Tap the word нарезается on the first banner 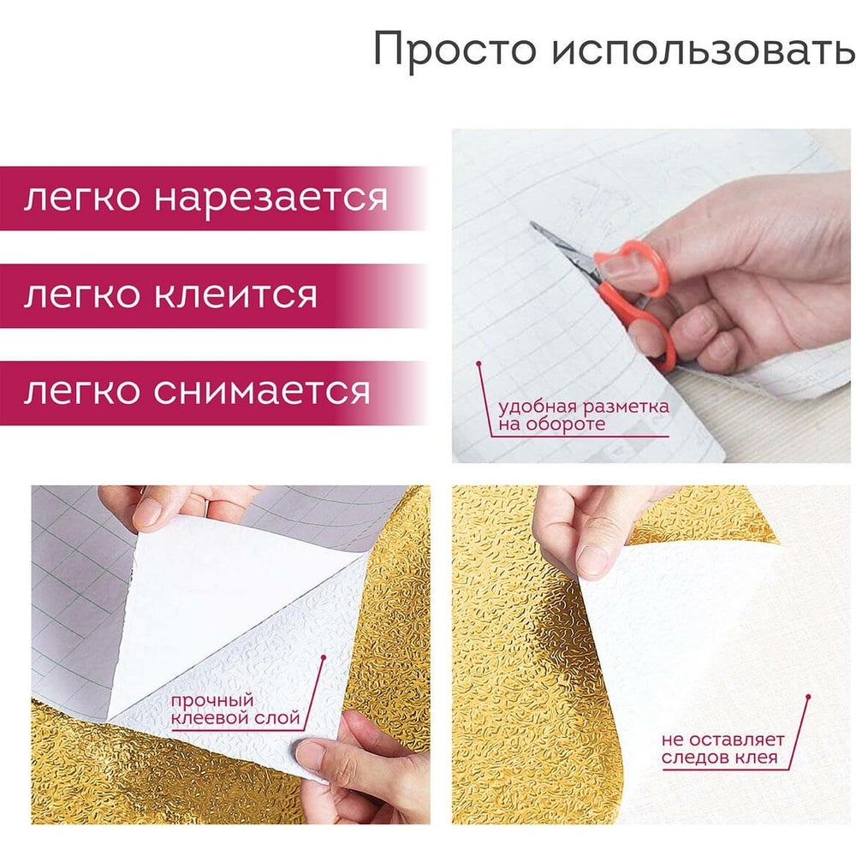click(270, 199)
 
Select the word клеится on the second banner click(235, 294)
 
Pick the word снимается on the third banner click(262, 391)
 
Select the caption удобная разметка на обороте click(583, 415)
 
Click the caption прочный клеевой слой click(235, 709)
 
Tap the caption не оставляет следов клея click(722, 748)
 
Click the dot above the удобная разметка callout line click(479, 363)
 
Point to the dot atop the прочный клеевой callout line click(324, 657)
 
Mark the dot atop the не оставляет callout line click(809, 697)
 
